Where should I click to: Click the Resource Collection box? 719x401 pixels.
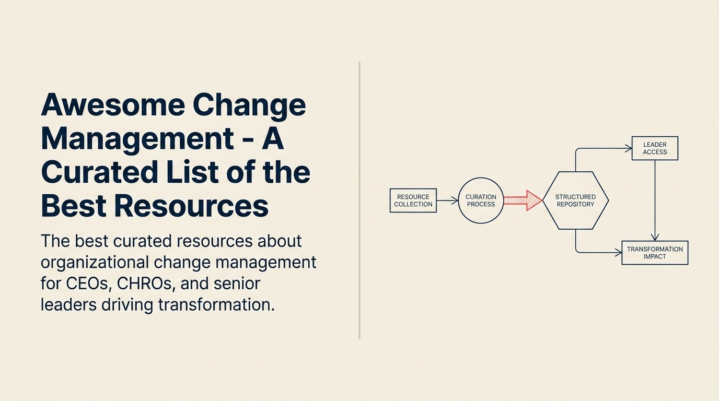click(x=413, y=200)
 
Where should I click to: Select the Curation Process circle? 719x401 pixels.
click(x=481, y=200)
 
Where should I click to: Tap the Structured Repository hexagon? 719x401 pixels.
click(x=575, y=200)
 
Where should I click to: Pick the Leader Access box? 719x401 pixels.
click(x=655, y=148)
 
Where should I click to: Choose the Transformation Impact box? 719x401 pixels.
click(x=655, y=253)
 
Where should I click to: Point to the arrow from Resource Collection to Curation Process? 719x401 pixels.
click(x=447, y=200)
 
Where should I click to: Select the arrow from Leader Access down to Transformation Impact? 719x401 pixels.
click(x=655, y=198)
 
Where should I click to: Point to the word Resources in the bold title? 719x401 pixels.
click(x=191, y=206)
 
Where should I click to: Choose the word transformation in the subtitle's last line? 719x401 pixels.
click(x=216, y=304)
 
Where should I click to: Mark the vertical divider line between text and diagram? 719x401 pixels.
click(x=359, y=200)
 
